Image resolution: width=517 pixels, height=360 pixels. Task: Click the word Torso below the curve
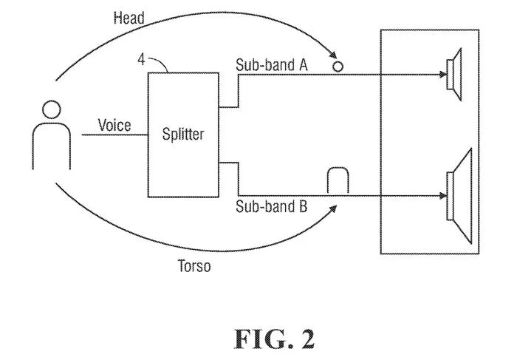194,265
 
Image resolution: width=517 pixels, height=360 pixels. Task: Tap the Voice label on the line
114,126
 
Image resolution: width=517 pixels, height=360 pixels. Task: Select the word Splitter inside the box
182,135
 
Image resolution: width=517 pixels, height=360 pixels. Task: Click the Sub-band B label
271,206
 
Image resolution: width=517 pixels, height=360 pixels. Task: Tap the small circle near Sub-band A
338,66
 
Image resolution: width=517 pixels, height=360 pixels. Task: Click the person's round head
50,110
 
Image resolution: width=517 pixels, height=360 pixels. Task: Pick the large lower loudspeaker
460,196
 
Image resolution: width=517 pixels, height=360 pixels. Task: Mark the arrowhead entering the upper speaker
445,74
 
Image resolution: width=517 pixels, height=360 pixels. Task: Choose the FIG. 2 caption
275,338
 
